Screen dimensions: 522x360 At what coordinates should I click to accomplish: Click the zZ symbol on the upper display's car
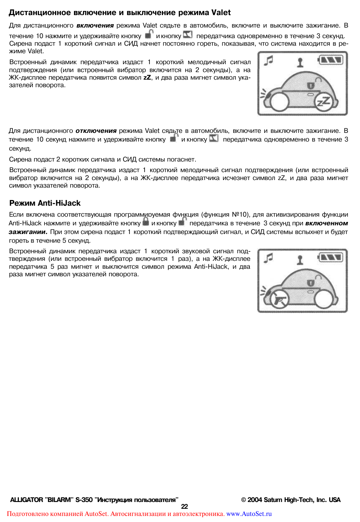[324, 102]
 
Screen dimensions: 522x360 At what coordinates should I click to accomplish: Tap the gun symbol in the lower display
[279, 300]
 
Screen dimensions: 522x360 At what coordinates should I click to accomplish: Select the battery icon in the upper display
[331, 60]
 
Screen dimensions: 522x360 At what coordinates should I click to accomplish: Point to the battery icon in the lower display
[331, 257]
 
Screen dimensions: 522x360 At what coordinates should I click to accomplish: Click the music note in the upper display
[268, 60]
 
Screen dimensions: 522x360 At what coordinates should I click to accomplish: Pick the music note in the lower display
[268, 258]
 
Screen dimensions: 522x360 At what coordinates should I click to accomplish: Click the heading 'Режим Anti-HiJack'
[45, 203]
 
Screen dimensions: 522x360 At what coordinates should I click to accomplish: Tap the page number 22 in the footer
[184, 507]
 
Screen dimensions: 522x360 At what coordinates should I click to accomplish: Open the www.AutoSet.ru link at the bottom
[249, 514]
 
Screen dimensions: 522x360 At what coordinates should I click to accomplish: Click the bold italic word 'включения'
[95, 26]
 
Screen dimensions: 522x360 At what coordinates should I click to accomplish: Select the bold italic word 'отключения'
[96, 131]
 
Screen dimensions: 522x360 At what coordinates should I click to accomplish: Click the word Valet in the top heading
[221, 12]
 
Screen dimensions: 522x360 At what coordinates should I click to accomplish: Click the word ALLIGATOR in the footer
[26, 500]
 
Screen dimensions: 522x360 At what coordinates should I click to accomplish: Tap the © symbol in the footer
[244, 500]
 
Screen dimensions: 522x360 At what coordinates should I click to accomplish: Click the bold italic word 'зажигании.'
[28, 232]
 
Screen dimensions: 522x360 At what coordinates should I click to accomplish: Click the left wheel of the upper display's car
[279, 101]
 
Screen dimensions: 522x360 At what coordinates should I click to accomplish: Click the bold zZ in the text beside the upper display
[147, 78]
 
